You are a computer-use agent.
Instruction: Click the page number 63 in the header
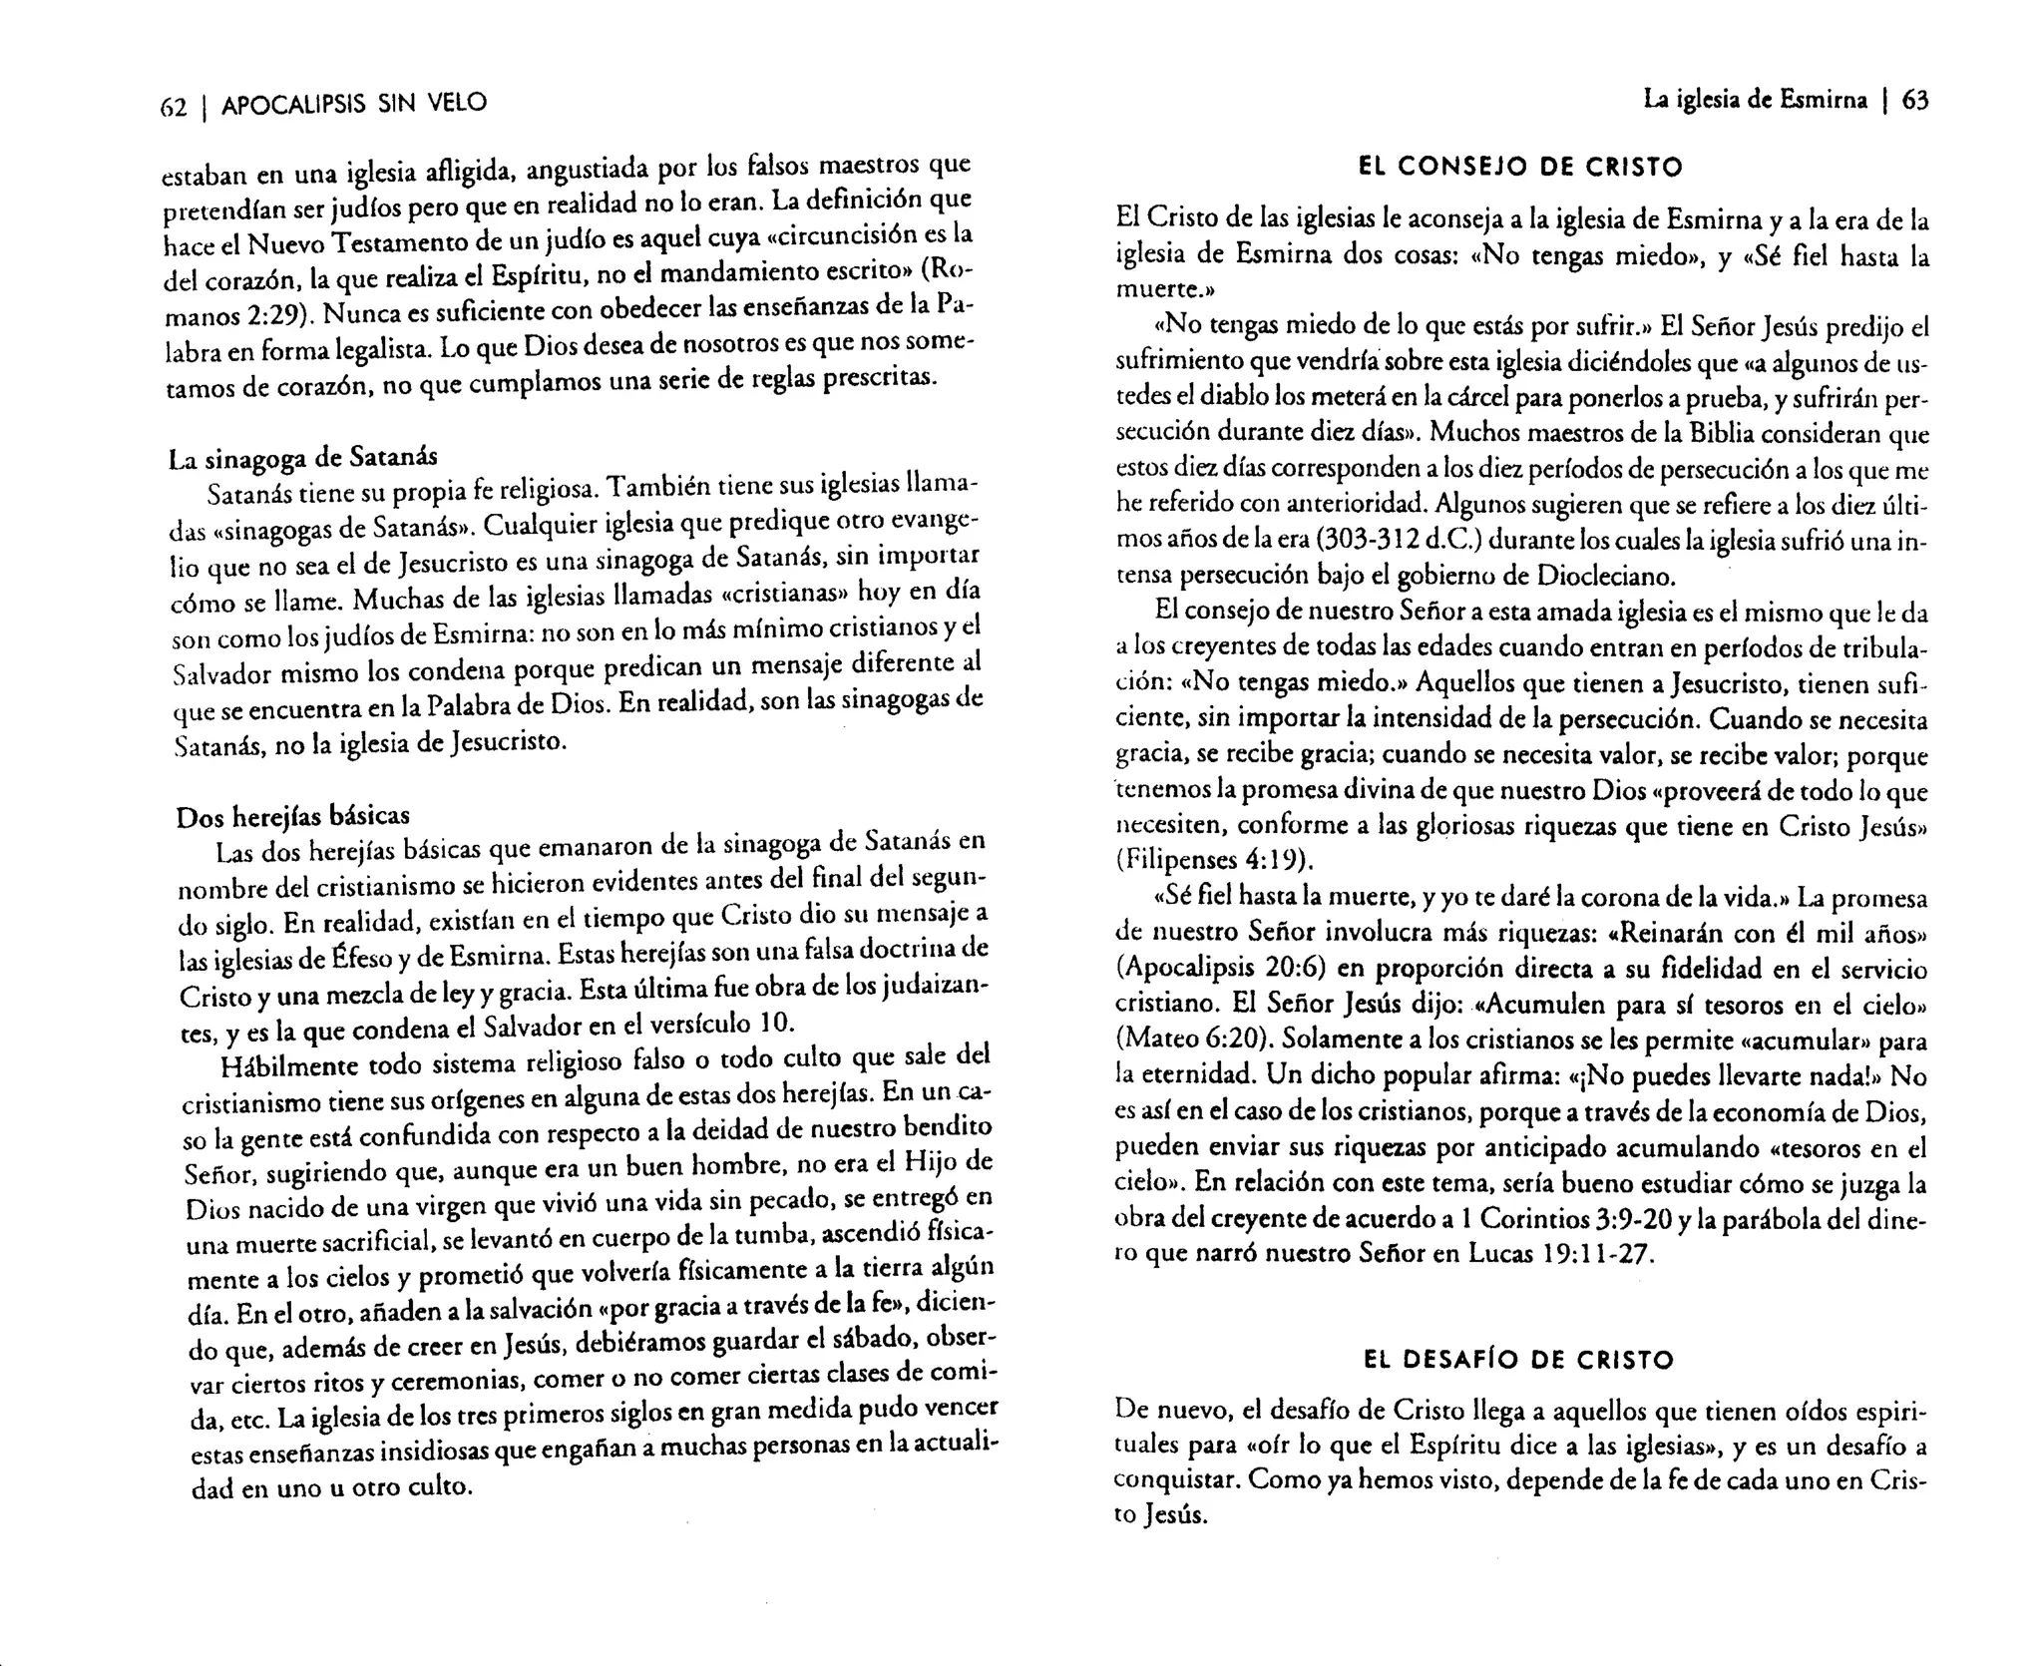coord(1915,100)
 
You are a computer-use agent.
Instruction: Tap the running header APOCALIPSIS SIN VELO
coord(354,104)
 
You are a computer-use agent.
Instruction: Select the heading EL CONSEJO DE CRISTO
coord(1521,168)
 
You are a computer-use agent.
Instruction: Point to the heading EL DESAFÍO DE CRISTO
coord(1518,1359)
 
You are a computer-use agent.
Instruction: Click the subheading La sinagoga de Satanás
coord(303,457)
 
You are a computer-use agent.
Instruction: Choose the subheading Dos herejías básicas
coord(292,816)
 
